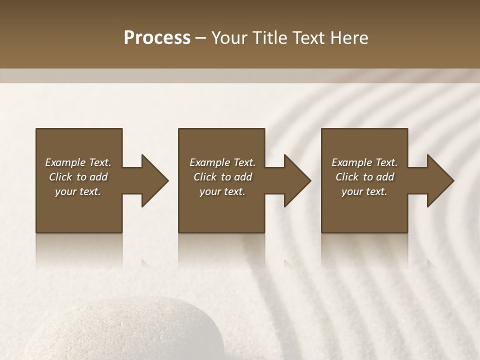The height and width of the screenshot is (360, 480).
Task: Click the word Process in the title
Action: [157, 38]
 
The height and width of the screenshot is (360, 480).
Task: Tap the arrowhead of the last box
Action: [440, 180]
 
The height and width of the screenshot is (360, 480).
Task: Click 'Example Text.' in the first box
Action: [78, 162]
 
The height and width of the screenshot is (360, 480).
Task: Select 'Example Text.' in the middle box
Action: [222, 162]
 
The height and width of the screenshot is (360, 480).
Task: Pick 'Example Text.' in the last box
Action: [364, 162]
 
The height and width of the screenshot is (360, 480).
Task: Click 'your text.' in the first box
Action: [78, 191]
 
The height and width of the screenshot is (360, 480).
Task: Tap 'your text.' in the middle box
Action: [222, 191]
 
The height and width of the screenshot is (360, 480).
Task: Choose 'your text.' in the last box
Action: [364, 191]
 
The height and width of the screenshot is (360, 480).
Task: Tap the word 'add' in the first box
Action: [98, 177]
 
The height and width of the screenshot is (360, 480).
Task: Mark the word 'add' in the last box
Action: [385, 177]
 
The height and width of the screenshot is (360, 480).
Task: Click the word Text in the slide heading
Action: [308, 38]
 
